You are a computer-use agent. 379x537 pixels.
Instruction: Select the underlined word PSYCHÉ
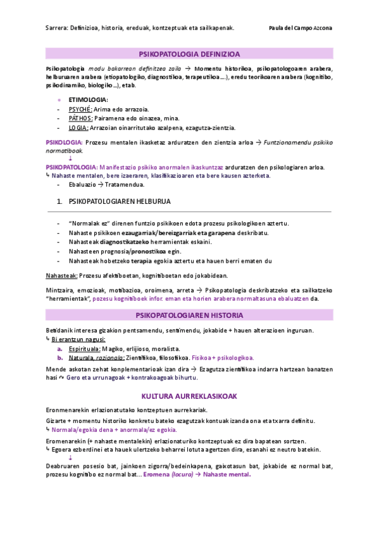click(80, 109)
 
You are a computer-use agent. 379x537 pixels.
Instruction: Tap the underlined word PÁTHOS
click(81, 118)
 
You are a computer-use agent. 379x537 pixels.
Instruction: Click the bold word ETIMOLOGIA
click(88, 99)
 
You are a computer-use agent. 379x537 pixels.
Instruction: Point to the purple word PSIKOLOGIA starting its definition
click(64, 142)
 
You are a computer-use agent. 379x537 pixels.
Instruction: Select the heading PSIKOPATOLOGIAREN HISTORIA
click(189, 315)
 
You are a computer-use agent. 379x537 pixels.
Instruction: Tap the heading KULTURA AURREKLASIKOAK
click(189, 396)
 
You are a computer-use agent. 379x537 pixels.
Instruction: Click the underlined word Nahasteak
click(61, 275)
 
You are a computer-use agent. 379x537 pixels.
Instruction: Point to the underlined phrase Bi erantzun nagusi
click(78, 339)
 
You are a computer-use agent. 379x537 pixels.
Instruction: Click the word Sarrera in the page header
click(57, 28)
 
